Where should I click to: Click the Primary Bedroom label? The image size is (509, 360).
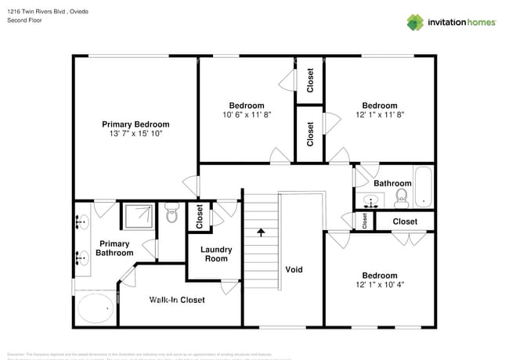pos(135,124)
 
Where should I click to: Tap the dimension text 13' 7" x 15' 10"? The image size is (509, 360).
pos(135,134)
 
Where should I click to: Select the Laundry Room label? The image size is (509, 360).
pos(216,254)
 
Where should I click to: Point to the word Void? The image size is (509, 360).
pos(294,270)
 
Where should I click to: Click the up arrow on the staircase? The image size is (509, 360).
pos(261,232)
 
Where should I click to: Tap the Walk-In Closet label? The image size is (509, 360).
pos(177,300)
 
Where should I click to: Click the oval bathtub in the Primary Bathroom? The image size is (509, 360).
pos(96,308)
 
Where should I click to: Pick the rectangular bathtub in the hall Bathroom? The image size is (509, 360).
pos(424,187)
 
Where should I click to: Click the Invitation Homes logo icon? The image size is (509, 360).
pos(415,22)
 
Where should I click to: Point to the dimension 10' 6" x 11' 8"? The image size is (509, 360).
pos(247,114)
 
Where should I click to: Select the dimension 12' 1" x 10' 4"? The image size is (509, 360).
pos(379,285)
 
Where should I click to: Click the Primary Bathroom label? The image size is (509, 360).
pos(114,248)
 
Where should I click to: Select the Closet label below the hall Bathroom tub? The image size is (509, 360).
pos(405,221)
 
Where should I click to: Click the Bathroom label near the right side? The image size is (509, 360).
pos(392,183)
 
